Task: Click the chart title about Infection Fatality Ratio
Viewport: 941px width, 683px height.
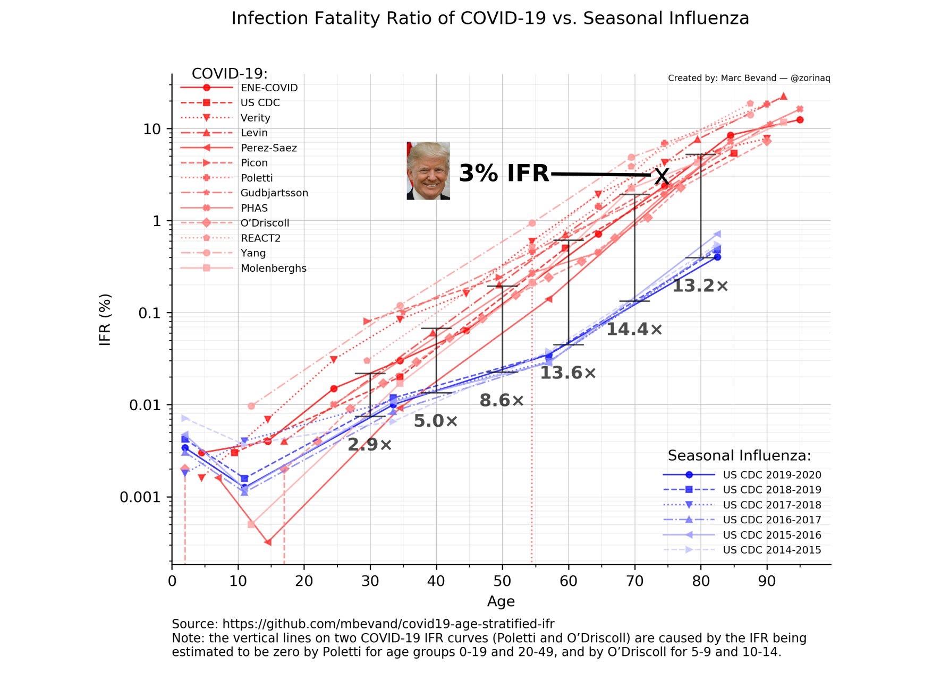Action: pyautogui.click(x=490, y=19)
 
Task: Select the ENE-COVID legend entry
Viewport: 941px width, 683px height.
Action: pyautogui.click(x=268, y=88)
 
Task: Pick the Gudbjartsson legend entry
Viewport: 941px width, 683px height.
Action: pyautogui.click(x=274, y=193)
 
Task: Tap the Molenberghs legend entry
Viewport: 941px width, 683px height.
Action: pyautogui.click(x=273, y=269)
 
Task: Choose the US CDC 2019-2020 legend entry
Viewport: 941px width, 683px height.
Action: pyautogui.click(x=772, y=475)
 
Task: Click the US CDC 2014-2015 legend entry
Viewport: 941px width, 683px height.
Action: pyautogui.click(x=772, y=550)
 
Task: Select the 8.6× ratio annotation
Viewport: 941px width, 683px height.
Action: pyautogui.click(x=502, y=401)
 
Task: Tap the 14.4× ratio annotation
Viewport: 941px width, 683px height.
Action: pyautogui.click(x=634, y=330)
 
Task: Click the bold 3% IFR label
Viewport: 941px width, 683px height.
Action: pyautogui.click(x=503, y=174)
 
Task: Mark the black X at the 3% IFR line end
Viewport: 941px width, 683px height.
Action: pyautogui.click(x=662, y=176)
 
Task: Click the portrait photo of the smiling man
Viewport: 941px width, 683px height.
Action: pyautogui.click(x=428, y=171)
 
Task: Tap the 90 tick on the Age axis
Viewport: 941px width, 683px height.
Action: pyautogui.click(x=767, y=581)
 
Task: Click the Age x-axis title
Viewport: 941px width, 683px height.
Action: pyautogui.click(x=501, y=602)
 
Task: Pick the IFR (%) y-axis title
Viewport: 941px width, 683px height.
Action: pyautogui.click(x=106, y=319)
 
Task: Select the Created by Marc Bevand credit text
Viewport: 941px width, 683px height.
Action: pyautogui.click(x=749, y=79)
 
